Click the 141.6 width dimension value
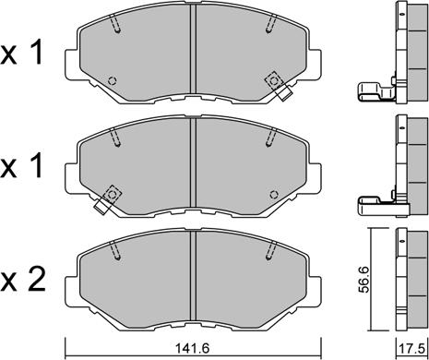(192, 349)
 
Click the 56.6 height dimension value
(365, 280)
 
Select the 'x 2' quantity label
(23, 280)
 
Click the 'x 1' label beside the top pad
(21, 53)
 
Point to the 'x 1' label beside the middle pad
(21, 166)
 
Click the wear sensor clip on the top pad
(278, 85)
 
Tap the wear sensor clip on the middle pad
(108, 199)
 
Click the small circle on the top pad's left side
(113, 81)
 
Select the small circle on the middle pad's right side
(274, 195)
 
